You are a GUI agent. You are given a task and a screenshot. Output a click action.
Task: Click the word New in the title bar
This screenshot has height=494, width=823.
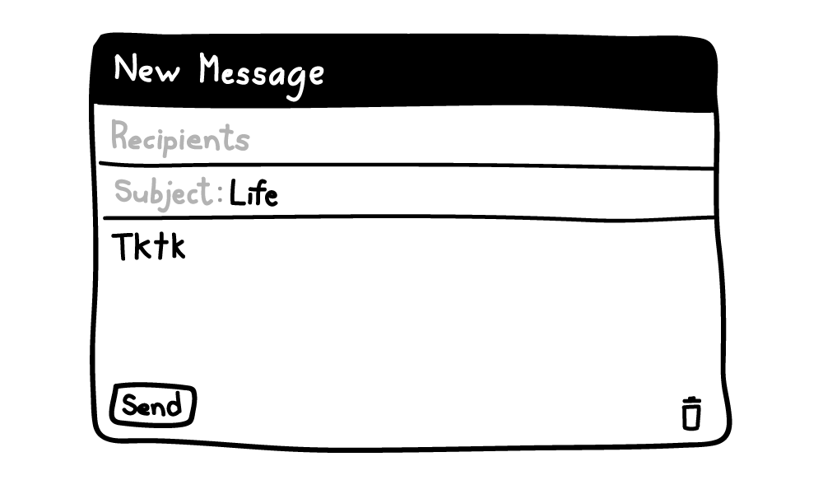click(146, 68)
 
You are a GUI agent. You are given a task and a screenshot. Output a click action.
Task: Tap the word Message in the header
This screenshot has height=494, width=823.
click(262, 75)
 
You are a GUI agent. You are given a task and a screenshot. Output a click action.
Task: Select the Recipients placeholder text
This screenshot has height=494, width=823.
click(179, 137)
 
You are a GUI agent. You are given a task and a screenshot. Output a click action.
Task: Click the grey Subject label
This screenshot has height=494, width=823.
click(163, 193)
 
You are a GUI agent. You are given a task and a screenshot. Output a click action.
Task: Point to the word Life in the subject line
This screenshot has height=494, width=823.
click(253, 193)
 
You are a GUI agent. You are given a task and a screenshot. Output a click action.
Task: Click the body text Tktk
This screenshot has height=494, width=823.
click(148, 245)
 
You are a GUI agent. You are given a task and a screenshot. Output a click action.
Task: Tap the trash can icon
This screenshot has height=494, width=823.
click(691, 413)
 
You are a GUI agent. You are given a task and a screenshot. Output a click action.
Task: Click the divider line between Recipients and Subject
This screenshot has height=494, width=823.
click(407, 165)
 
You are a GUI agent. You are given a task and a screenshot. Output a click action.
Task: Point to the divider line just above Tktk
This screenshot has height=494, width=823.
click(409, 217)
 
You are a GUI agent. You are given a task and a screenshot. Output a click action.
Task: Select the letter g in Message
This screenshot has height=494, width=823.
click(296, 83)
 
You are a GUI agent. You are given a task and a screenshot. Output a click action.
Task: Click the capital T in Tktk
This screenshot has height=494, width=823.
click(123, 247)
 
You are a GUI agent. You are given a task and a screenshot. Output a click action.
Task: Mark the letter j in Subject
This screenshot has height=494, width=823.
click(167, 197)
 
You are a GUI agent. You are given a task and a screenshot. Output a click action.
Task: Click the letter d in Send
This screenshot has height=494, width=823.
click(174, 405)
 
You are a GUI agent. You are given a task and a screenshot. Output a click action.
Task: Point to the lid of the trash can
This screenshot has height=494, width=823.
click(691, 401)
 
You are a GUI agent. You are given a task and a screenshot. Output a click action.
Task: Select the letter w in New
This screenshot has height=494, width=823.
click(168, 73)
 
